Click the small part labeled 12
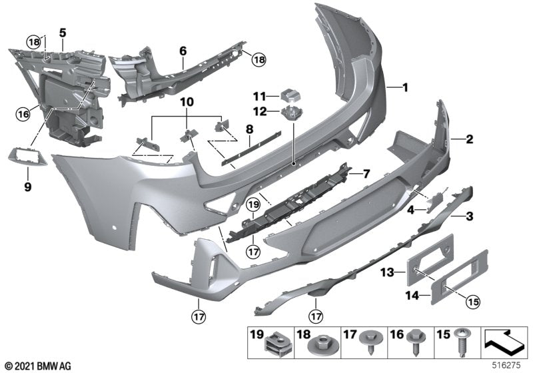tap(291, 113)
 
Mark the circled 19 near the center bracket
tap(252, 204)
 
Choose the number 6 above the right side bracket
tap(183, 49)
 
